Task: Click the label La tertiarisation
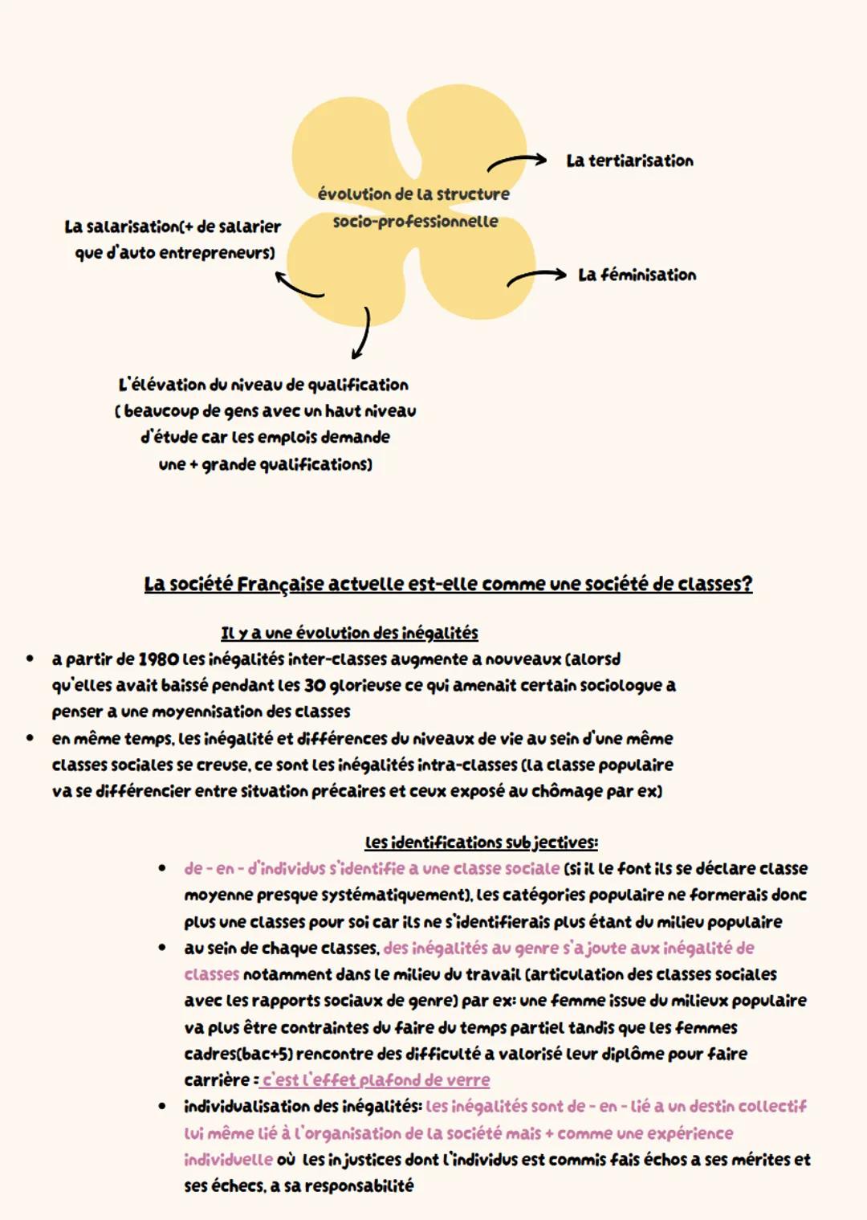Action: [629, 161]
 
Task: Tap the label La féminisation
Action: [637, 275]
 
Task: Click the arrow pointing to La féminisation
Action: [535, 277]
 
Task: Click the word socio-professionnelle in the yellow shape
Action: [415, 222]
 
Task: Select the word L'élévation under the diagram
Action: [157, 385]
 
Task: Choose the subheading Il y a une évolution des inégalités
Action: [349, 633]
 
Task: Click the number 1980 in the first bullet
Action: [157, 659]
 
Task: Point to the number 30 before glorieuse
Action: [314, 686]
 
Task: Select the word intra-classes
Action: [466, 765]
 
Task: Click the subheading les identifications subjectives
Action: [481, 843]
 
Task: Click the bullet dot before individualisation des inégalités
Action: [162, 1107]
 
